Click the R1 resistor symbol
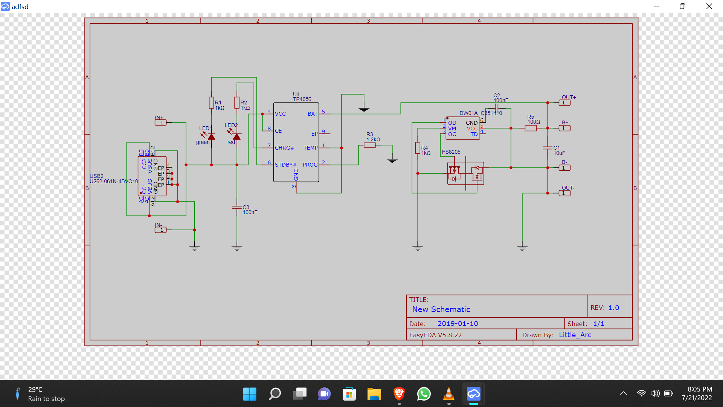pos(211,103)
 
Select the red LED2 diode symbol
pos(236,136)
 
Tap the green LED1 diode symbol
pos(211,136)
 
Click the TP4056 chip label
pos(302,99)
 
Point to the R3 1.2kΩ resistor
pos(369,145)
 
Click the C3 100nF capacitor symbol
pos(236,207)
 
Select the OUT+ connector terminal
pos(564,103)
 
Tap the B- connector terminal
pos(564,168)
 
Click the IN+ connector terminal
pos(160,122)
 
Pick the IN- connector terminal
pos(160,230)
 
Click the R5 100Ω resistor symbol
pos(530,128)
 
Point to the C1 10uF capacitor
pos(548,148)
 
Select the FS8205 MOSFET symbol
pos(465,173)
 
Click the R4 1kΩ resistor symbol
pos(418,148)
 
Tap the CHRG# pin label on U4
pos(284,148)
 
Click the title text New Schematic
pos(441,309)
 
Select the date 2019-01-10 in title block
pos(458,324)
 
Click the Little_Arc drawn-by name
pos(575,335)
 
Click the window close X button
pos(709,6)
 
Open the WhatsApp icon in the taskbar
pos(424,394)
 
